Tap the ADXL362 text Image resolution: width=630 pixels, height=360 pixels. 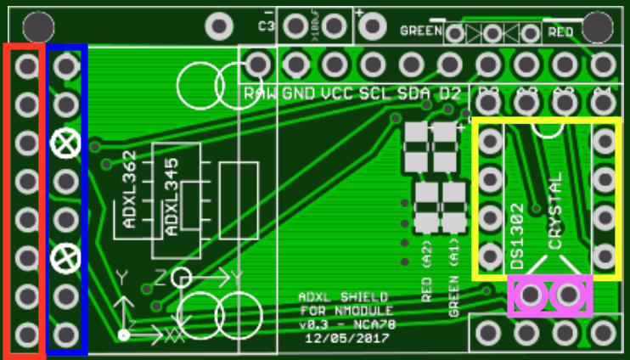pos(129,189)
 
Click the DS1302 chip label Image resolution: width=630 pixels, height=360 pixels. pos(517,236)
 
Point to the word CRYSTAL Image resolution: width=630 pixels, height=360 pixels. pos(555,211)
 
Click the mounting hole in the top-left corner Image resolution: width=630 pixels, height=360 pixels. pos(37,26)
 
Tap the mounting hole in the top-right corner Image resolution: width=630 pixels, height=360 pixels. pos(598,26)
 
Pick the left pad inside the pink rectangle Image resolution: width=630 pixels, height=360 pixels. pos(531,295)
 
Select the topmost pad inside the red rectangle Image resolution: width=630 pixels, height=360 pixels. pos(26,65)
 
